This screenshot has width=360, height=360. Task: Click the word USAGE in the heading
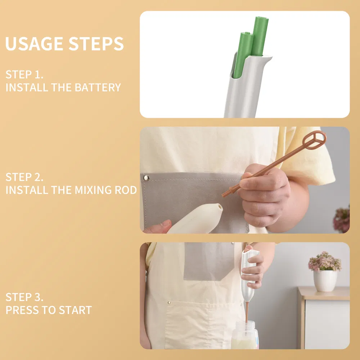(x=34, y=44)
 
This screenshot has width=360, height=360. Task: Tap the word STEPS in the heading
(x=96, y=44)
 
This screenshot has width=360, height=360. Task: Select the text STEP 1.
(x=24, y=75)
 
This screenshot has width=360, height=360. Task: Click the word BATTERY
(x=98, y=87)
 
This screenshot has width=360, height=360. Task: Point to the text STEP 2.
(x=24, y=177)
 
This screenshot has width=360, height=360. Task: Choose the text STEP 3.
(x=24, y=297)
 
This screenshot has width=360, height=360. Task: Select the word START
(x=75, y=310)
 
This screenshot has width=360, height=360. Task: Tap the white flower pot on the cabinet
(x=325, y=281)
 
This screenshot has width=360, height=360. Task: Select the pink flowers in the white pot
(x=325, y=261)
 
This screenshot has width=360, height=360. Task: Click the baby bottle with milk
(x=245, y=335)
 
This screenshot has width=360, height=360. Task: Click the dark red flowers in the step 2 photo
(x=342, y=219)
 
